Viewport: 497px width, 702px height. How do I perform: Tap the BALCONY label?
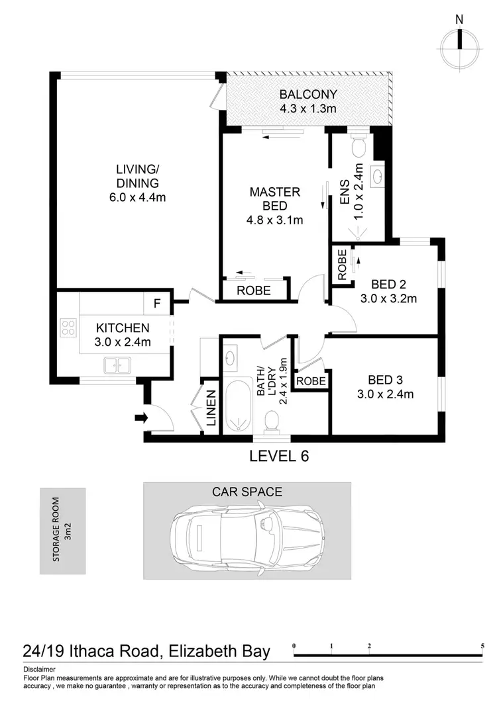coord(307,95)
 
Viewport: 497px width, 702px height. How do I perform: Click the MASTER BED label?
coord(274,199)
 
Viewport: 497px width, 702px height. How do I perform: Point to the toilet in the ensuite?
coord(359,144)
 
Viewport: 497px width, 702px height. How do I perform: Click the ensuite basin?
coord(377,177)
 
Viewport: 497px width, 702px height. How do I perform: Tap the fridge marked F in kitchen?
coord(157,304)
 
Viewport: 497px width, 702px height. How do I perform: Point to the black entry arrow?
coord(141,417)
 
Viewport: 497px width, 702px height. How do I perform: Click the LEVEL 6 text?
coord(278,456)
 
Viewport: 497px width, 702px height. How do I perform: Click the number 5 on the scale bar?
coord(482,645)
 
